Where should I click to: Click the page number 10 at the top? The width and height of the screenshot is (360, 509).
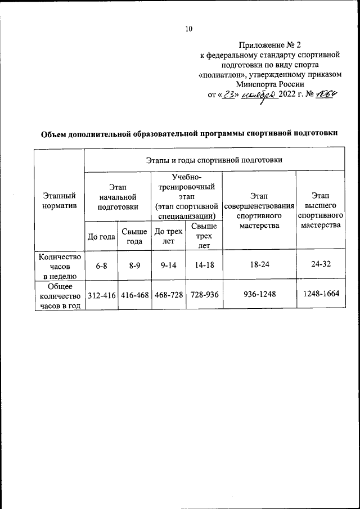(188, 29)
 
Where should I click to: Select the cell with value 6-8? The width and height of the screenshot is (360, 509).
(101, 265)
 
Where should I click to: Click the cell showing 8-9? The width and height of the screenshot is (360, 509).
(134, 265)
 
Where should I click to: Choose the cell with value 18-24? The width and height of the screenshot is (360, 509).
(259, 265)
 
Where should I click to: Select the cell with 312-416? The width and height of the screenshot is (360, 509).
(101, 295)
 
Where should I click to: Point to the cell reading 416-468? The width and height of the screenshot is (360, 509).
(134, 295)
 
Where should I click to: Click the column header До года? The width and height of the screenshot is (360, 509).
(101, 236)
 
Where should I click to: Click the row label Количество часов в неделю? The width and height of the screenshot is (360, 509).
(59, 265)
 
